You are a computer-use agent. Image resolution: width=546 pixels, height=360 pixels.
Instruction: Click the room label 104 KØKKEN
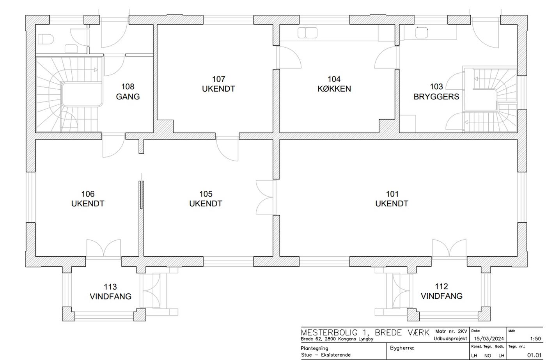334,84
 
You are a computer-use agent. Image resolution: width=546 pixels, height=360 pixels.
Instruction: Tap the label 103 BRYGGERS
436,92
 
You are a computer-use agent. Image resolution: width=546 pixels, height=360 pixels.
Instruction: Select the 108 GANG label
128,92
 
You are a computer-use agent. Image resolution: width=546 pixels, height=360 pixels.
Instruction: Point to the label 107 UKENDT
218,84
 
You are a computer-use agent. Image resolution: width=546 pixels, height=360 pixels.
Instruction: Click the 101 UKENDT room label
392,199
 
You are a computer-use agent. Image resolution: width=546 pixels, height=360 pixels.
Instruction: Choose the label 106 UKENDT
88,199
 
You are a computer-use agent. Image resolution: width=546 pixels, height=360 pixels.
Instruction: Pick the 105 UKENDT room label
206,199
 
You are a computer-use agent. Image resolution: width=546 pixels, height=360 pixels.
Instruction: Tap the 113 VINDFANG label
110,291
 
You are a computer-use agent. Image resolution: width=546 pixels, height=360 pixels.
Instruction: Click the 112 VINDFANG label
441,291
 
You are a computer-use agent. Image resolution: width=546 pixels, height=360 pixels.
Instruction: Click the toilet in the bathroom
46,39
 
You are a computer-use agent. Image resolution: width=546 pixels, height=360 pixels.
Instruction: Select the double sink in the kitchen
307,33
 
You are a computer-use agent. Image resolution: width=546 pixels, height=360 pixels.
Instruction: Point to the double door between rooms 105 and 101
266,197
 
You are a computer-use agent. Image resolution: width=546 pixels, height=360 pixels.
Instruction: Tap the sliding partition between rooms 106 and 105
141,195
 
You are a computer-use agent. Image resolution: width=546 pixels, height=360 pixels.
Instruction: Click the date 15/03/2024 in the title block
489,339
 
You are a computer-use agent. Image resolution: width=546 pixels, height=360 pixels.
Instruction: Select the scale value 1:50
535,339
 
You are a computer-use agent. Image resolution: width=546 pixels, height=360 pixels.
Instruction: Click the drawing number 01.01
534,355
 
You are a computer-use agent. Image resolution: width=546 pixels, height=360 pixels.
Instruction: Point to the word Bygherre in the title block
402,348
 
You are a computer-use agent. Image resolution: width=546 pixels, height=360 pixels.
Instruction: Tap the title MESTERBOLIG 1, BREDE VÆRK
365,332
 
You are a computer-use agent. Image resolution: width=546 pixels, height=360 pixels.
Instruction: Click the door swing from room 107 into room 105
227,149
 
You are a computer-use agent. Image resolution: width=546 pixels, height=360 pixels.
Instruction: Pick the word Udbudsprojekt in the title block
450,339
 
